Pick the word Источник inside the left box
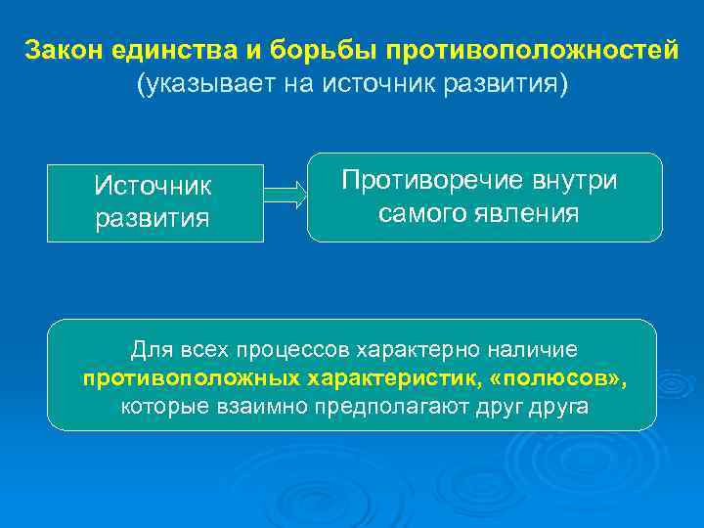153,185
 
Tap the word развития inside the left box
153,216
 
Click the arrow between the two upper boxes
286,194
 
